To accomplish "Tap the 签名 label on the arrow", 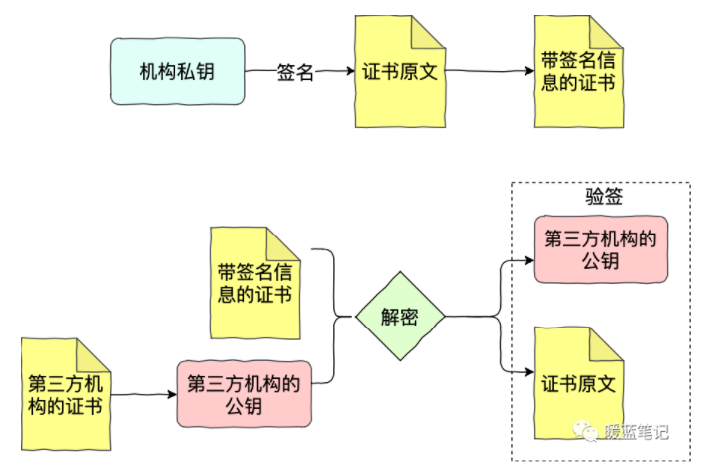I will click(295, 71).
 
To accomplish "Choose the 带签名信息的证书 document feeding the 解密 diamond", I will click(254, 281).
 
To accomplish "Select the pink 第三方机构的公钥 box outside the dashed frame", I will click(243, 394).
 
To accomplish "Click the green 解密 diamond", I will click(400, 317).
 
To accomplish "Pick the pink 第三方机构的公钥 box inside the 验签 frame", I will click(599, 247).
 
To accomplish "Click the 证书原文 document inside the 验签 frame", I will click(579, 382).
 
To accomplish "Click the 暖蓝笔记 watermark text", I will click(638, 432).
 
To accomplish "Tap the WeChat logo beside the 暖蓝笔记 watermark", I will click(589, 432).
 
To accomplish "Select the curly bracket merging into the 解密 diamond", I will click(332, 317).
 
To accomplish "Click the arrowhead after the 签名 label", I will click(348, 71).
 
